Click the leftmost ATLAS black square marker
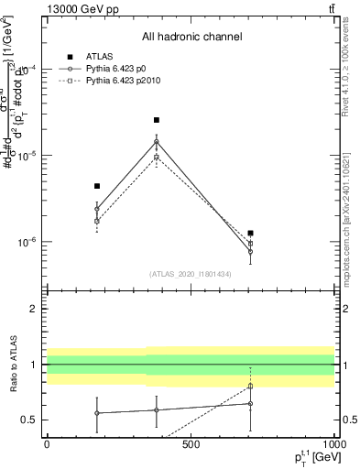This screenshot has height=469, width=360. pyautogui.click(x=97, y=186)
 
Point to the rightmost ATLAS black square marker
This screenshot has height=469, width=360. pyautogui.click(x=250, y=234)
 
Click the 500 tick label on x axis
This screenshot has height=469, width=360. pyautogui.click(x=191, y=444)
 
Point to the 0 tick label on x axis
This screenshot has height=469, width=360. pyautogui.click(x=48, y=444)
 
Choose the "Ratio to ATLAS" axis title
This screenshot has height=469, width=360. pyautogui.click(x=12, y=364)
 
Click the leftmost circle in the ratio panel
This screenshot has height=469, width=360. pyautogui.click(x=97, y=413)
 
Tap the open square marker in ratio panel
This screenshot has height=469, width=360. pyautogui.click(x=250, y=386)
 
